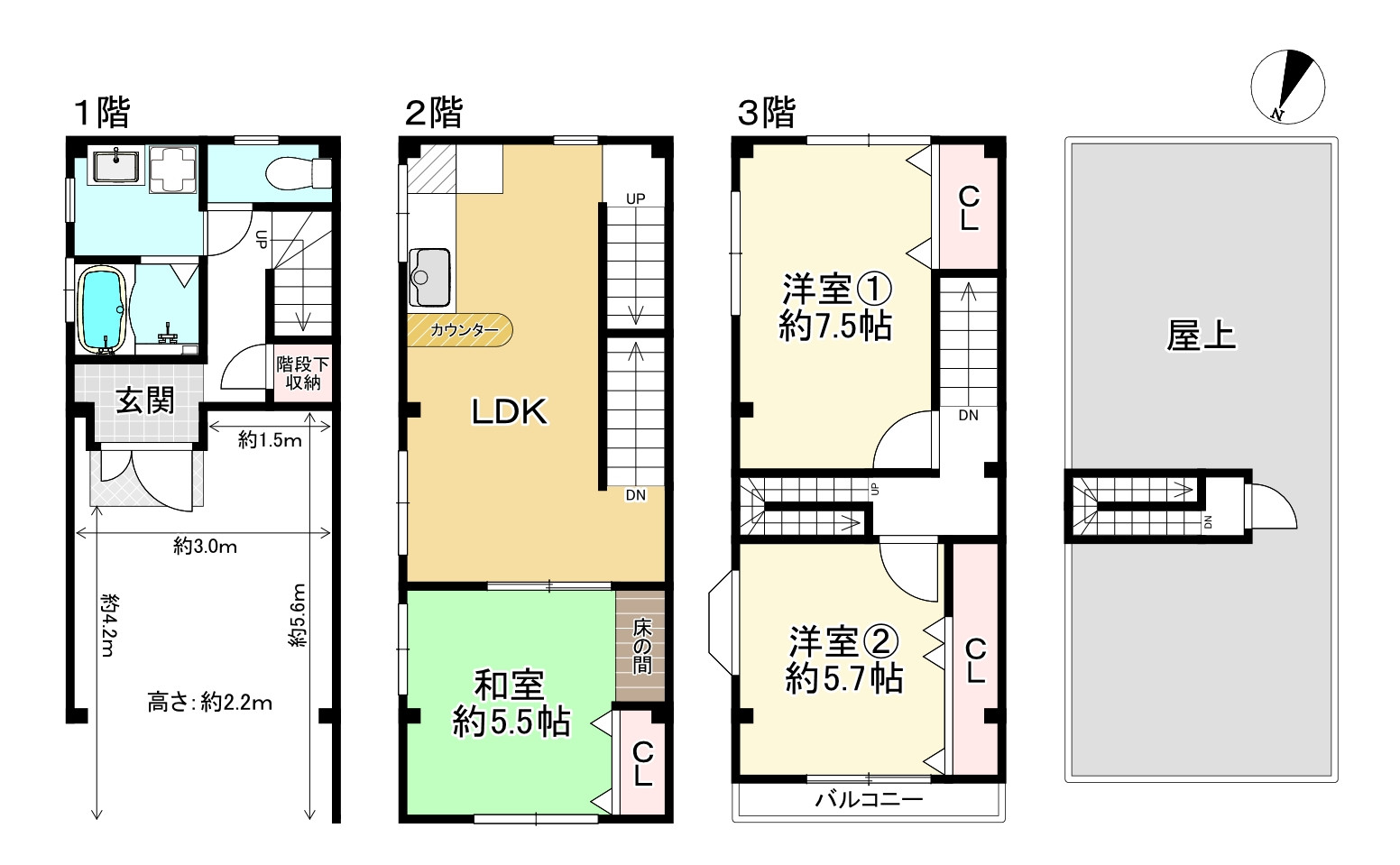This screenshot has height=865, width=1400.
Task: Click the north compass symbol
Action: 1287,86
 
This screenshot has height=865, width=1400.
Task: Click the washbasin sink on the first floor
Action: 115,168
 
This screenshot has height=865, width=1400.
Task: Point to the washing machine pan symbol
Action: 171,169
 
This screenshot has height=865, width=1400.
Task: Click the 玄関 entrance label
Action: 144,400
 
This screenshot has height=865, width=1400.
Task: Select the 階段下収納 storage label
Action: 303,373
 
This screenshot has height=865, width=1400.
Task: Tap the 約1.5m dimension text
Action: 270,440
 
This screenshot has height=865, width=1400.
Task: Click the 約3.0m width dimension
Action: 205,546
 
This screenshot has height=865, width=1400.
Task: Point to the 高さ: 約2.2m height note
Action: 209,703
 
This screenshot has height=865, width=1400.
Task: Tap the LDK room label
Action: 510,412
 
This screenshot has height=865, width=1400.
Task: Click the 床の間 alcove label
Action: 641,645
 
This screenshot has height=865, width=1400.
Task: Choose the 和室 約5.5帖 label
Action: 511,704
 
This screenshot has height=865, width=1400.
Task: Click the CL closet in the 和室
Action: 641,763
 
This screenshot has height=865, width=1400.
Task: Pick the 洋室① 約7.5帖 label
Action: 835,308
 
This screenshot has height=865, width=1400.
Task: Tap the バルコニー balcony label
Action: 869,799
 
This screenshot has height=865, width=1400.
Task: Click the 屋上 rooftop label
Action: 1200,336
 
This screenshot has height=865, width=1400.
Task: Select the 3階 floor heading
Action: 767,114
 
